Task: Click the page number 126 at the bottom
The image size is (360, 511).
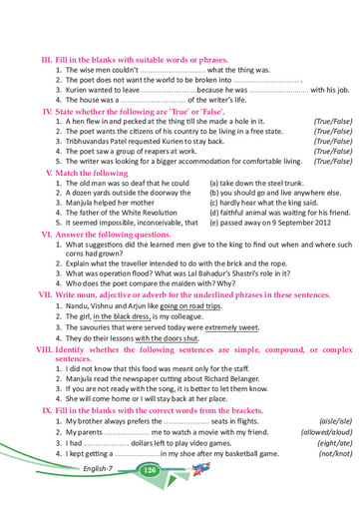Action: pyautogui.click(x=151, y=468)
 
